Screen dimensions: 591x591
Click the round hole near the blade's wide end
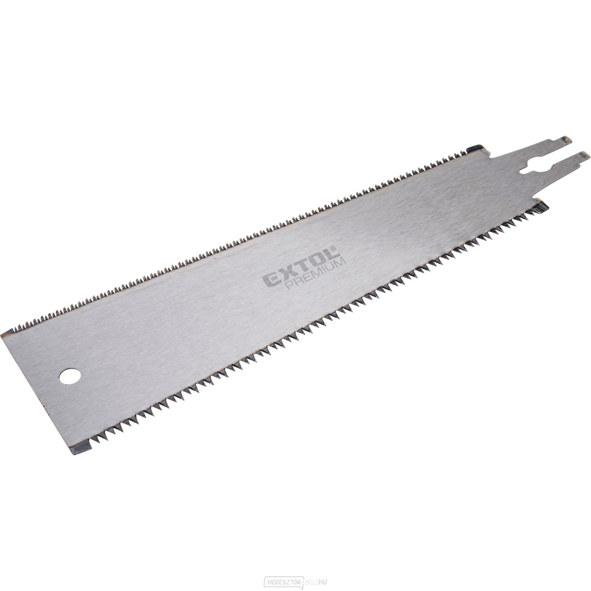tap(64, 377)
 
